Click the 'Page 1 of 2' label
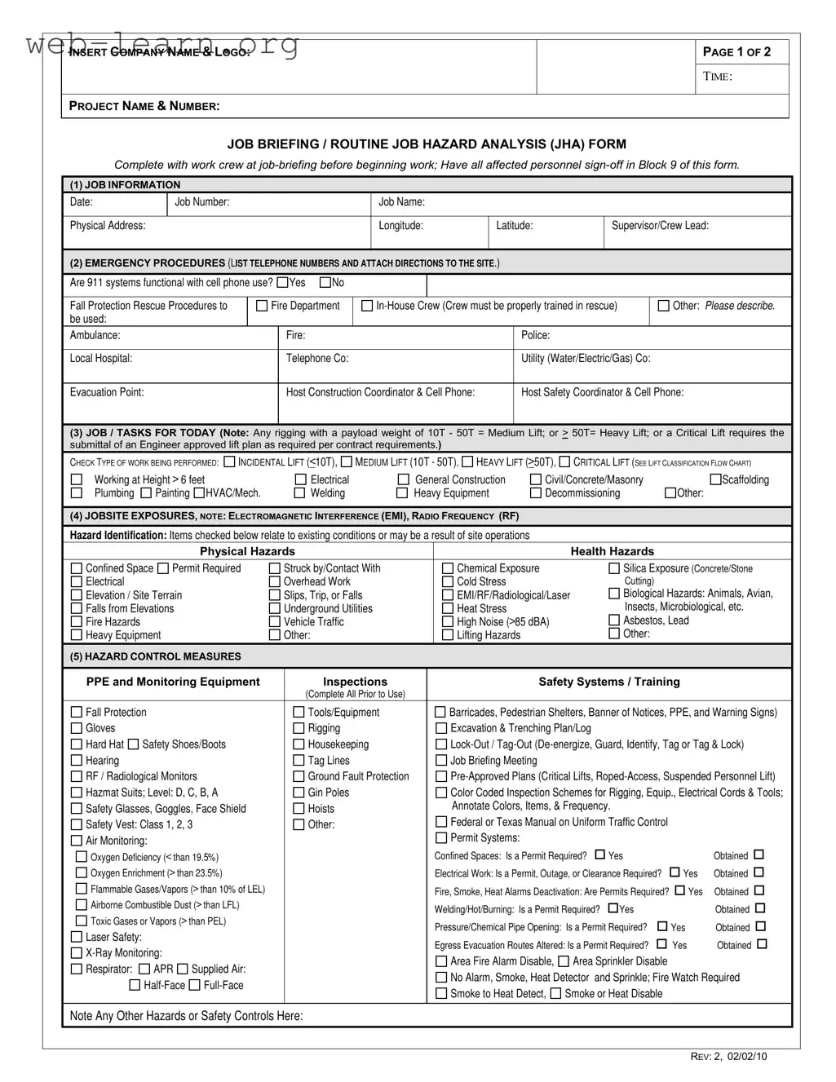coord(736,52)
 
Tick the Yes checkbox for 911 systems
coord(282,283)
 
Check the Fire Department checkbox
coord(262,306)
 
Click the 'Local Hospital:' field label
coord(101,359)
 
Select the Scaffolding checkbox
coord(716,479)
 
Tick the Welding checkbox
coord(300,493)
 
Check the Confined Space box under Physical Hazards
coord(77,568)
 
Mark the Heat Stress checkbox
coord(448,608)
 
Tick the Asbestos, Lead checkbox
coord(614,620)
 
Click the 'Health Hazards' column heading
coord(612,551)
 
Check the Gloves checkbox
coord(77,728)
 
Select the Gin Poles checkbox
coord(299,793)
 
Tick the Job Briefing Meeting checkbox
coord(441,761)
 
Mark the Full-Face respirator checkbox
coord(195,985)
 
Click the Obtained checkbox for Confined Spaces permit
coord(759,855)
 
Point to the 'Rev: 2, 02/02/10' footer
coord(728,1057)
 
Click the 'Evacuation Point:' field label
coord(107,392)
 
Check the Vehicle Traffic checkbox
coord(275,621)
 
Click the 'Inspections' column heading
coord(355,682)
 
